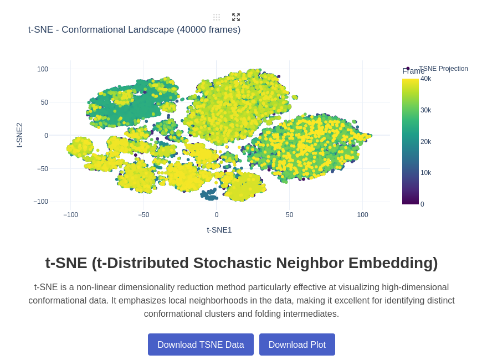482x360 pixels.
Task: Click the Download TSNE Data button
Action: click(201, 344)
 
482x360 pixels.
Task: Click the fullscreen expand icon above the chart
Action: click(236, 17)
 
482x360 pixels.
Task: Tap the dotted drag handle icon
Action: click(217, 17)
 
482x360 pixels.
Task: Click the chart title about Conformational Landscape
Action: click(134, 30)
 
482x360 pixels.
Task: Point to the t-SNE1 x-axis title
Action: click(219, 230)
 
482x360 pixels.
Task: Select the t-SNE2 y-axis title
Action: click(19, 135)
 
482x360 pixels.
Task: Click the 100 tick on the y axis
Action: click(43, 69)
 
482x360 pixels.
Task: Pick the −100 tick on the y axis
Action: click(40, 202)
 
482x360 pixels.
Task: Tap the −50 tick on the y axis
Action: click(43, 168)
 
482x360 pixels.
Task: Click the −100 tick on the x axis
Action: click(70, 215)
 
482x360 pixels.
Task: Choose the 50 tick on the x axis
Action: click(290, 215)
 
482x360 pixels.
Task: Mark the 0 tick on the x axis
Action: click(217, 215)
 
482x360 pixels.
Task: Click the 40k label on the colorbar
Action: click(425, 79)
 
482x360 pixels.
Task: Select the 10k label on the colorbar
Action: click(425, 173)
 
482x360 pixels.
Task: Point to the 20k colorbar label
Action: click(425, 142)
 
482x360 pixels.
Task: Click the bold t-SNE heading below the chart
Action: click(242, 263)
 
